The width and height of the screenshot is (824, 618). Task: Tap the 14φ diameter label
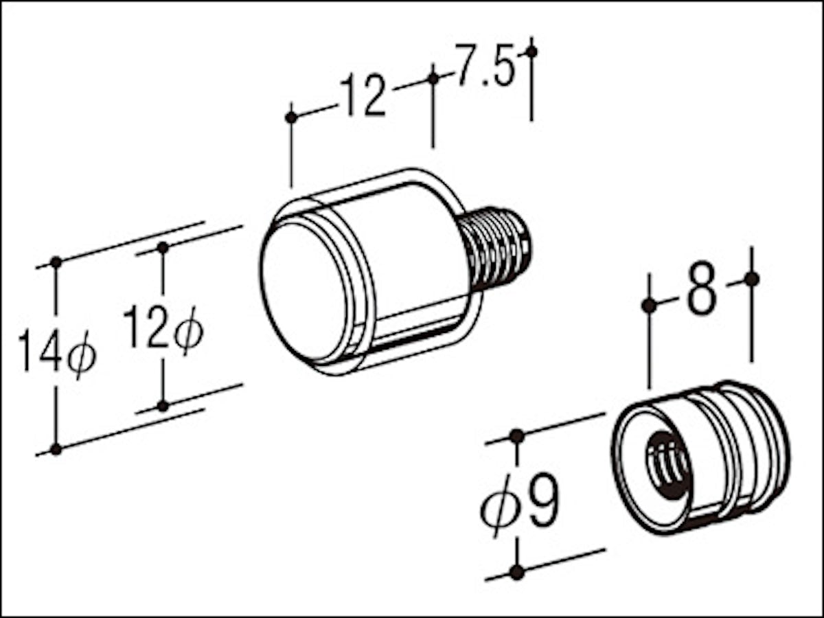[58, 353]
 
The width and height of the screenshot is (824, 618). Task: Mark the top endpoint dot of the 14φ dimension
[56, 262]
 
